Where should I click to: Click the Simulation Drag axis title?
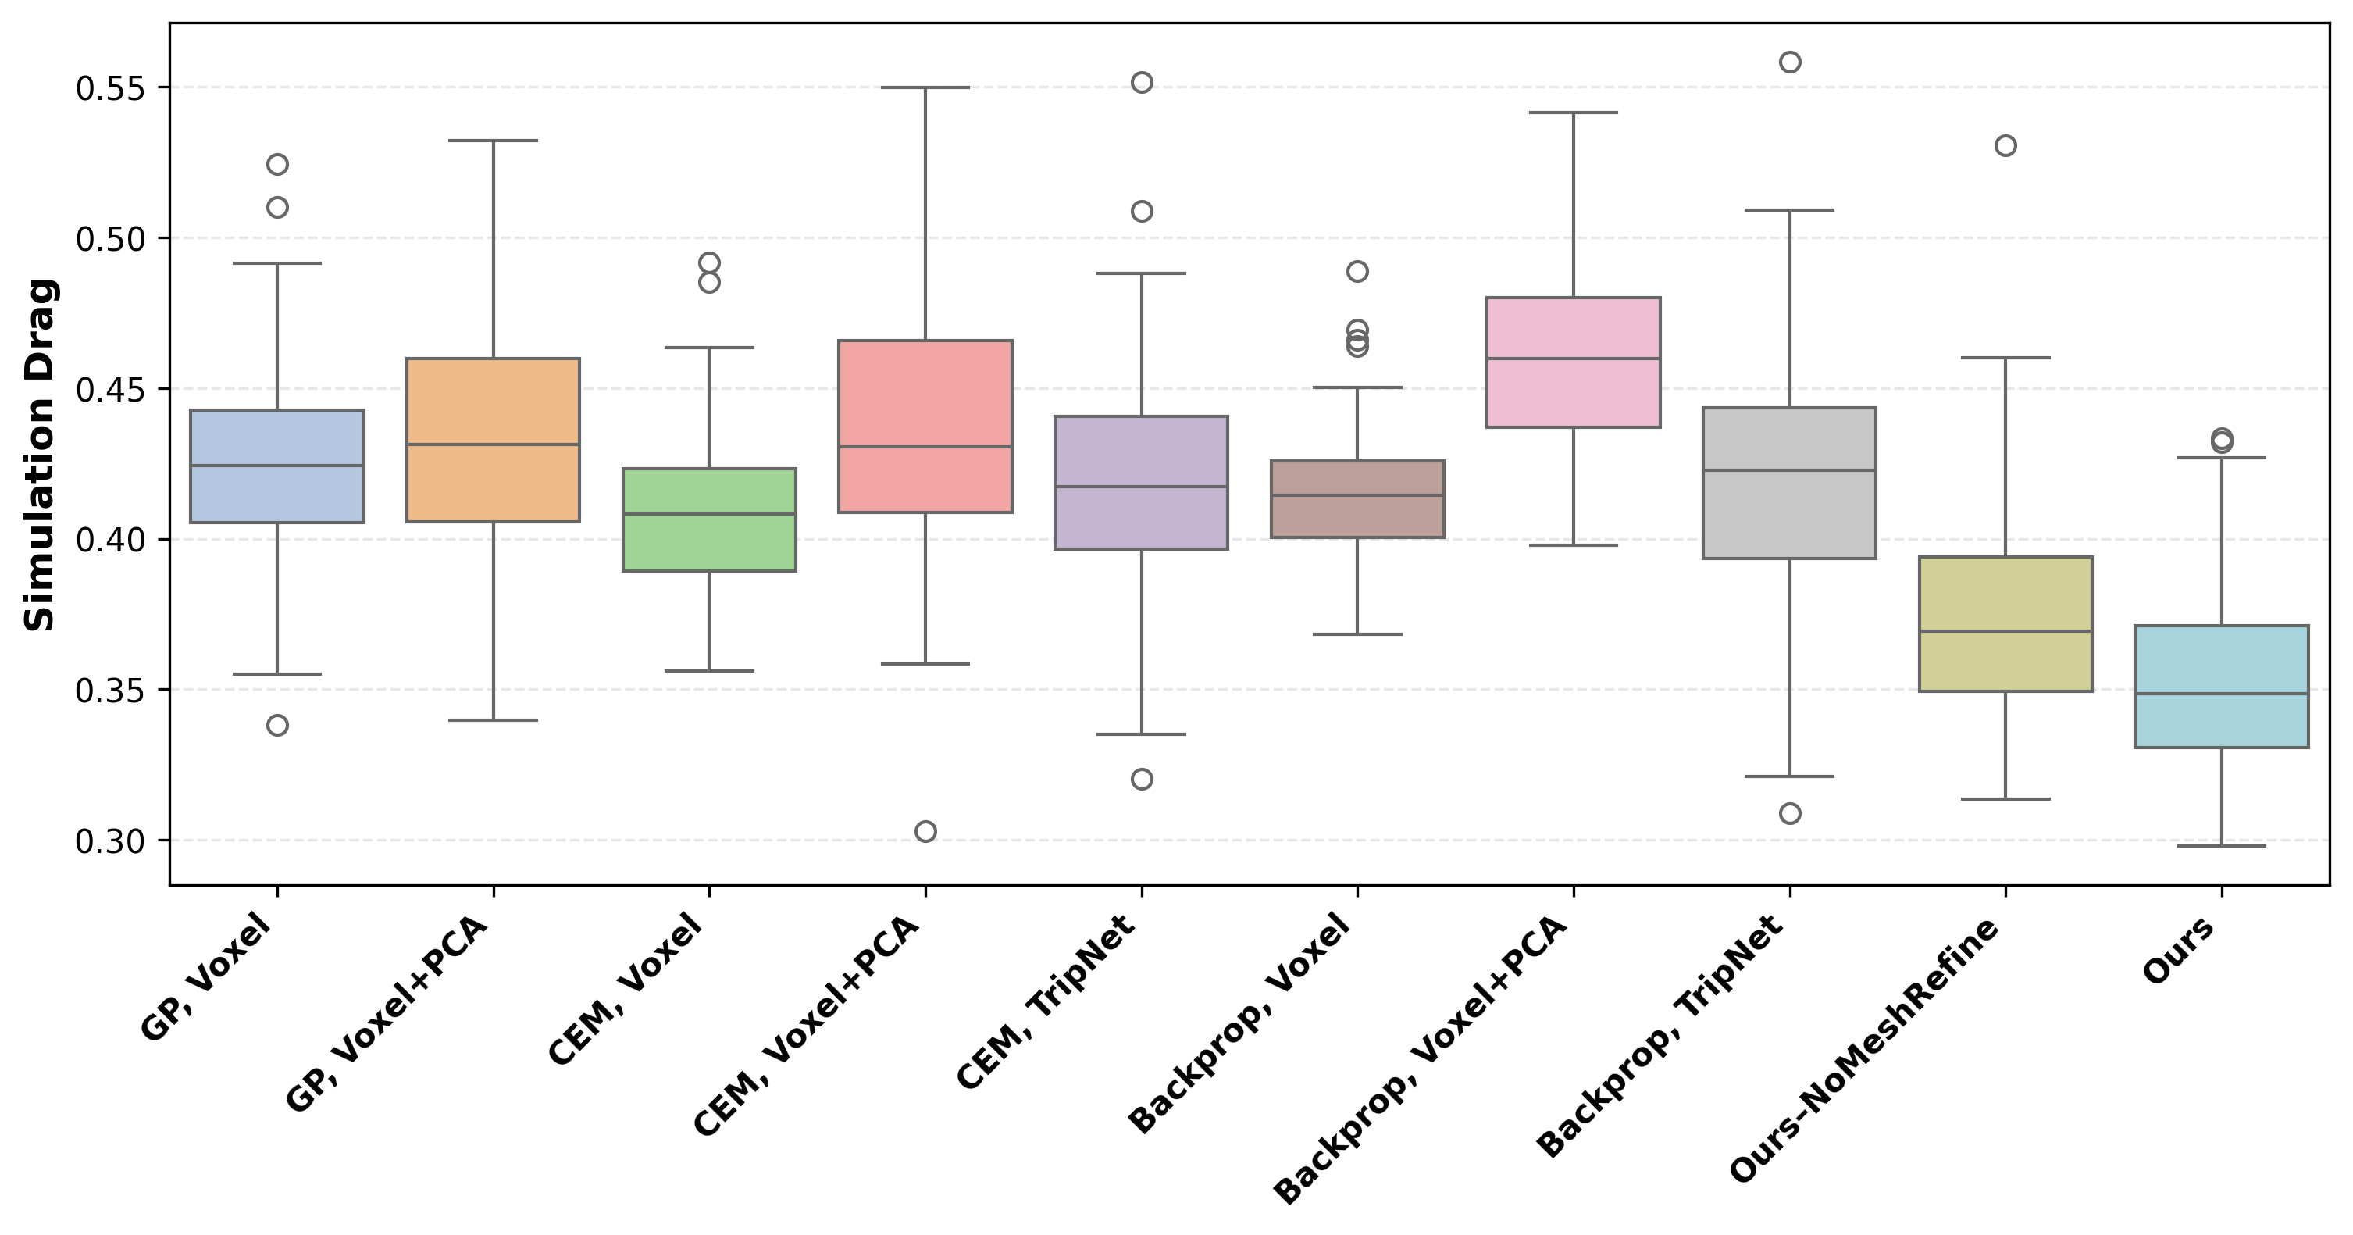click(40, 454)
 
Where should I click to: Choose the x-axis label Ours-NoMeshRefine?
click(1863, 1051)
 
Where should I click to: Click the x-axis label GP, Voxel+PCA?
click(387, 1014)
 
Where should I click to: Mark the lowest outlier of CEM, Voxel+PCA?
click(925, 831)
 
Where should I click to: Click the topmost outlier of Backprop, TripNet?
click(1789, 62)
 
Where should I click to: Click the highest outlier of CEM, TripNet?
click(1142, 82)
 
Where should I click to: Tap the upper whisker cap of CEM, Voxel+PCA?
click(925, 87)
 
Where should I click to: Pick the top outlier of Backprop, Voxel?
click(1357, 271)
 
